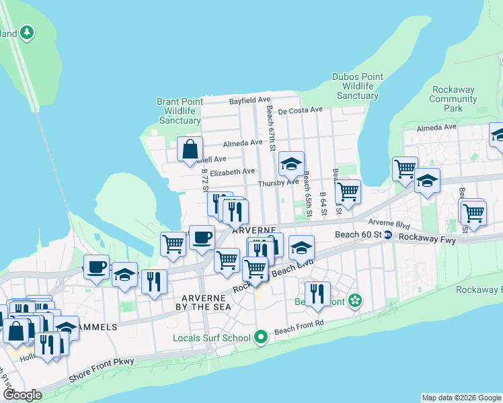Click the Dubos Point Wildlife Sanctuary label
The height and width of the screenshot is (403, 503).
click(x=358, y=87)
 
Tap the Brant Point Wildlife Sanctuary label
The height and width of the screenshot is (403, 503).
click(x=180, y=111)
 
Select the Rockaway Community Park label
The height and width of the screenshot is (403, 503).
click(x=453, y=99)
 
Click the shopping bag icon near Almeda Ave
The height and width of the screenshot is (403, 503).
click(x=190, y=148)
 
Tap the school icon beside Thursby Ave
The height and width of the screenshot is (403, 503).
click(x=291, y=163)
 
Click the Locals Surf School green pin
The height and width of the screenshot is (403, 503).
click(x=260, y=337)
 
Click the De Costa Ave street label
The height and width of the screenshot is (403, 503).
click(x=300, y=109)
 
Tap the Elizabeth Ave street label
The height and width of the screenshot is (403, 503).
click(x=232, y=172)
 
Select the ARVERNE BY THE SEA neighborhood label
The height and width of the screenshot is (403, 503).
click(x=206, y=302)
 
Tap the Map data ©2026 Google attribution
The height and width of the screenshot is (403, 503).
click(x=461, y=398)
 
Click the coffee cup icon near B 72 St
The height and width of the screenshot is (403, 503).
click(x=201, y=236)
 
